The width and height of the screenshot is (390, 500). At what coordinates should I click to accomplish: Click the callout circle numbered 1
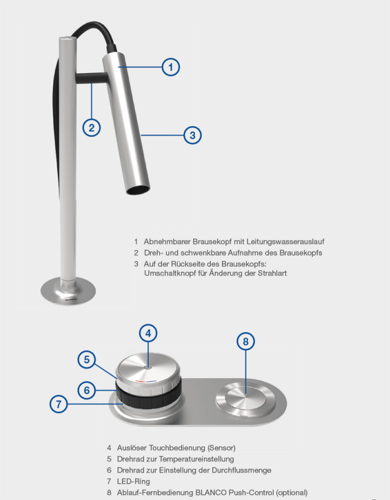point(171,67)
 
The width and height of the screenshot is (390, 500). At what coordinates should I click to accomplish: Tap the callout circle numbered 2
point(91,127)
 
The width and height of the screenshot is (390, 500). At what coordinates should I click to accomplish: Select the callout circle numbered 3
point(192,135)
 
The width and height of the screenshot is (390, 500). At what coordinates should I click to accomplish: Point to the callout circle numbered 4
point(148,333)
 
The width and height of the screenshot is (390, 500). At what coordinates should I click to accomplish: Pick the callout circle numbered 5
point(87,359)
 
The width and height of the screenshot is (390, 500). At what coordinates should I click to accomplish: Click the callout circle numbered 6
point(87,390)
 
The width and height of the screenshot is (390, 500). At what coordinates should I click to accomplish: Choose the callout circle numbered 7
point(59,404)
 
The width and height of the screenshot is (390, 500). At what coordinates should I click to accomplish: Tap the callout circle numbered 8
point(246,341)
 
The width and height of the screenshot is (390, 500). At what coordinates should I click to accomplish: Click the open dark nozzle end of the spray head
point(138,189)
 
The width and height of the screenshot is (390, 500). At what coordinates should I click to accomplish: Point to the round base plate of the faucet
point(68,290)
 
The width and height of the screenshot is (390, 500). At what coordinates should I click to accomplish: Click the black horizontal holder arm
point(91,77)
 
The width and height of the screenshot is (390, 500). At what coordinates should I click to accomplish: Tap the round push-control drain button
point(246,399)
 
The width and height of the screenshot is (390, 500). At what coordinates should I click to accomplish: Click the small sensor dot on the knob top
point(148,367)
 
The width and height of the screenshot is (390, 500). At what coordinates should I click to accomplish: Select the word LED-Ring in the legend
point(133,481)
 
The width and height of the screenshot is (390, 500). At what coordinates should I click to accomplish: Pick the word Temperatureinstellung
point(196,459)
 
